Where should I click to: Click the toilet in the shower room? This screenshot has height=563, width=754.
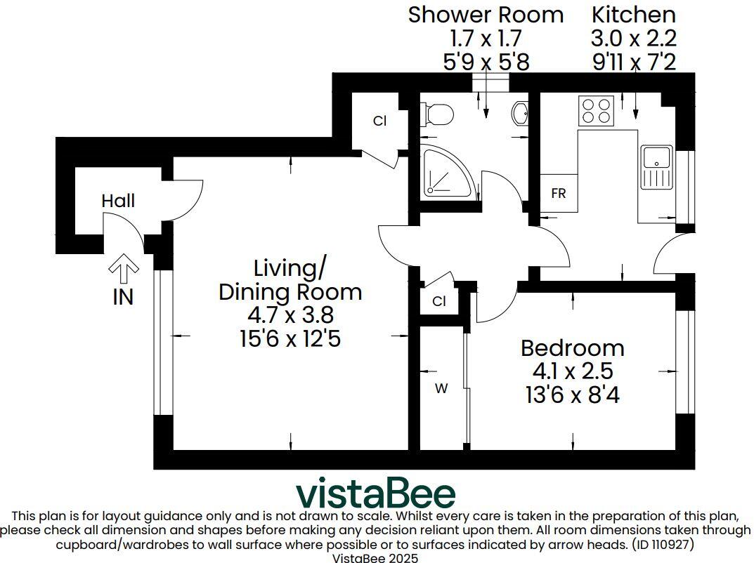tap(436, 114)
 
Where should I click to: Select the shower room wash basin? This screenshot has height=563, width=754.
tap(521, 112)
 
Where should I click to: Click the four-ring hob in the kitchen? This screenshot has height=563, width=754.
tap(595, 110)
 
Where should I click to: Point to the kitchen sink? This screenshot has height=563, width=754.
tap(656, 167)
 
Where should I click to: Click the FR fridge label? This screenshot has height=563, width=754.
tap(559, 194)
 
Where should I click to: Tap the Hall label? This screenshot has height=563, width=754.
tap(118, 201)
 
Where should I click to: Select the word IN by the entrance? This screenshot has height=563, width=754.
tap(123, 297)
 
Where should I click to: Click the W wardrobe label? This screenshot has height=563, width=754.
tap(441, 389)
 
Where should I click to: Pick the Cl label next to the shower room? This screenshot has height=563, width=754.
tap(379, 121)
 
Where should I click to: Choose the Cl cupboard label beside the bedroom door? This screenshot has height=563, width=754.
tap(439, 302)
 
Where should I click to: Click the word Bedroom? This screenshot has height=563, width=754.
tap(572, 347)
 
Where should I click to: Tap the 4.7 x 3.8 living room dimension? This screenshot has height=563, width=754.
tap(290, 315)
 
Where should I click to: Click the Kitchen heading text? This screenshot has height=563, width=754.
tap(634, 15)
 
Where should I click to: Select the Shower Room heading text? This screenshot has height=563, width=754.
tap(486, 15)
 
